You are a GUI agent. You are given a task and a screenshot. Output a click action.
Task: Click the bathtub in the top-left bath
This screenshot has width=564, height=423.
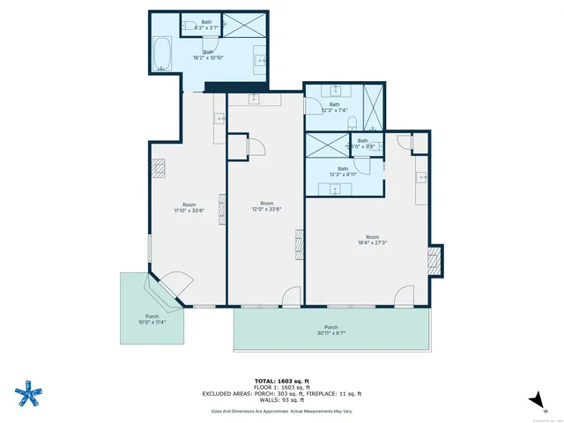coord(162,55)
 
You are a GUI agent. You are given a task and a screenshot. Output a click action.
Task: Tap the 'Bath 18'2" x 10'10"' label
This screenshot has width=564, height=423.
coord(208,56)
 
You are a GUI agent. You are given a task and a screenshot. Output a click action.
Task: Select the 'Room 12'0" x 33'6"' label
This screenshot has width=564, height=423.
coord(266,206)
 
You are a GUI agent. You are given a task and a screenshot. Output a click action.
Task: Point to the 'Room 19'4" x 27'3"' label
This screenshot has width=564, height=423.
coord(373,240)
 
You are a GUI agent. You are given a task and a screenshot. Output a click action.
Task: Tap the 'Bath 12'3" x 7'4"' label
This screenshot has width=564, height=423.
coord(334,108)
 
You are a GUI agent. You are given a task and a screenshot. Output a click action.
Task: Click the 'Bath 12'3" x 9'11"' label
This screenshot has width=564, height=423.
coord(342,171)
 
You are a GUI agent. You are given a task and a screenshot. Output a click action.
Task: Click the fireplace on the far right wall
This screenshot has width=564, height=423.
coord(433,260)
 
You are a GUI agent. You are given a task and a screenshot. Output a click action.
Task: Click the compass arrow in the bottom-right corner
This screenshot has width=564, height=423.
coord(533,401)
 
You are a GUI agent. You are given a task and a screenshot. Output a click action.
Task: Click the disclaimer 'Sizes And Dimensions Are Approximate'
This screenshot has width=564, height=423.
coord(281,411)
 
